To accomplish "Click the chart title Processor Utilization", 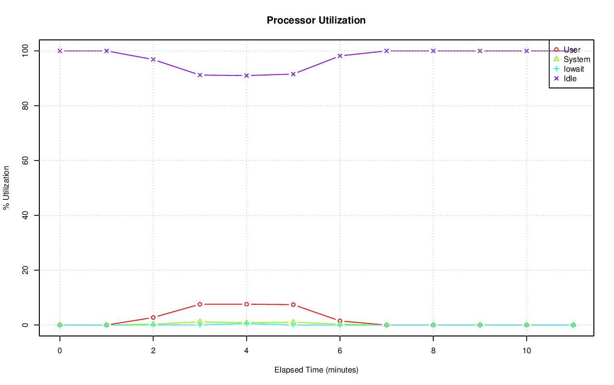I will coord(316,21).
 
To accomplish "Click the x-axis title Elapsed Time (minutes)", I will coord(316,370).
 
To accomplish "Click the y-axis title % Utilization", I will coord(7,187).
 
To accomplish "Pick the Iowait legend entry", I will coord(574,69).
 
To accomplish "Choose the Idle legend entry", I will coord(570,78).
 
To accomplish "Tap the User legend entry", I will coord(572,50).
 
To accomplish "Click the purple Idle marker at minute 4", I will coord(247,75).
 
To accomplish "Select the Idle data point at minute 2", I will coord(153,60).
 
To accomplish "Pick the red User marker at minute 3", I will coord(200,304).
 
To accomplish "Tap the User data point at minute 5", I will coord(293,305).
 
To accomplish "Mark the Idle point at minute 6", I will coord(340,56).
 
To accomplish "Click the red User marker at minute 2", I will coord(153,317).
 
